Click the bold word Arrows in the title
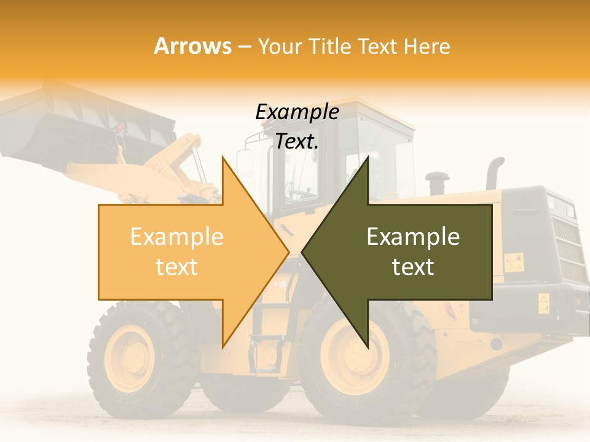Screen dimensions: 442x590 [192, 46]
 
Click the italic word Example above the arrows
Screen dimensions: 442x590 [297, 112]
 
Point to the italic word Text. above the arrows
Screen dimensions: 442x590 [297, 142]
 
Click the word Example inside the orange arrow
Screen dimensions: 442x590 [176, 237]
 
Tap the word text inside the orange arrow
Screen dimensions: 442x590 [176, 267]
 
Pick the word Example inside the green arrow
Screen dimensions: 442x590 [413, 237]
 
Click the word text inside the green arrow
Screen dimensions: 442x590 [413, 267]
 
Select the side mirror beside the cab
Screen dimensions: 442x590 [245, 163]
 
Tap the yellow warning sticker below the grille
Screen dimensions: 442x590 [544, 303]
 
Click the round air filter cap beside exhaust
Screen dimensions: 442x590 [437, 182]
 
